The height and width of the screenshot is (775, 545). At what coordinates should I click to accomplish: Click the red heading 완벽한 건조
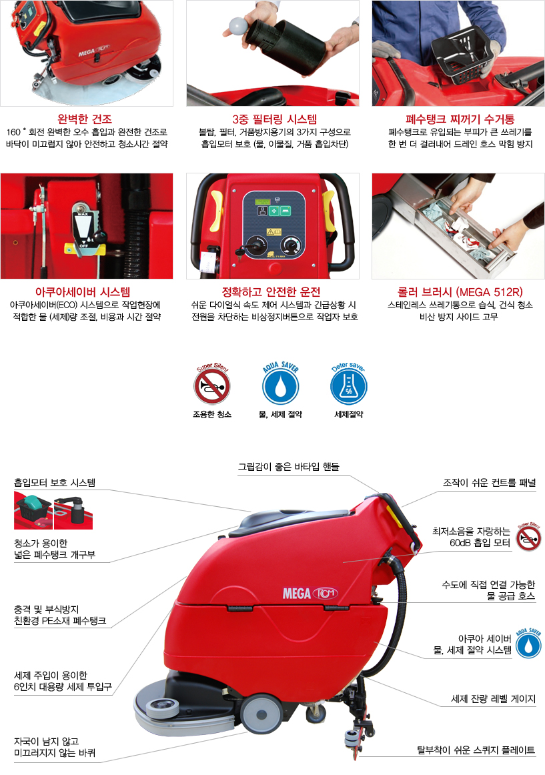tap(85, 119)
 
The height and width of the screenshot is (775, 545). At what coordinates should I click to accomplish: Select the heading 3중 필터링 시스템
tap(274, 119)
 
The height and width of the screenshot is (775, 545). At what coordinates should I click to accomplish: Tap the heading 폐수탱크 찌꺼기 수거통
tap(460, 119)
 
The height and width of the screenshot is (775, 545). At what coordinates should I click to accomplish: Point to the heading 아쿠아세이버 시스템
tap(83, 291)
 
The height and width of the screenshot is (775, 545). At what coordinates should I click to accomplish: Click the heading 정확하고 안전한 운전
tap(271, 291)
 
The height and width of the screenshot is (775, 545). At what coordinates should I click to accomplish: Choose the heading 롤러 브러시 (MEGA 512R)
tap(460, 291)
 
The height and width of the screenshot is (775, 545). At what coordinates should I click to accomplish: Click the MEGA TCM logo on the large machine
tap(310, 593)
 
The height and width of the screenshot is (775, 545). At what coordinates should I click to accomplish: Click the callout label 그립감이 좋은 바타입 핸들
tap(289, 467)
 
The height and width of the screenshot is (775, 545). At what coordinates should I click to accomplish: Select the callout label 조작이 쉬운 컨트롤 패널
tap(489, 483)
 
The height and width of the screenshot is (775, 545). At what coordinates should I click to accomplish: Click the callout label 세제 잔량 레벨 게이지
tap(493, 699)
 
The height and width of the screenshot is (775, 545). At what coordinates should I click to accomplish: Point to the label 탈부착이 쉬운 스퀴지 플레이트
tap(476, 750)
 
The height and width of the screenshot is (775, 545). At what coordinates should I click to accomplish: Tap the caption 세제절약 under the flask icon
tap(349, 414)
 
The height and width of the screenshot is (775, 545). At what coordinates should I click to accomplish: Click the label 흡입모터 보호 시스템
tap(55, 482)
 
